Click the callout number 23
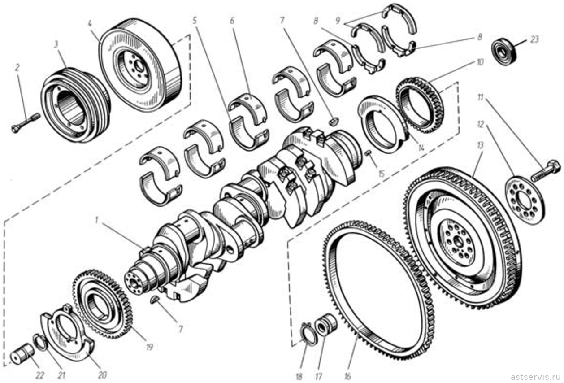click(534, 40)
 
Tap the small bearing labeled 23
click(504, 52)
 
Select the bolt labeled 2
click(26, 123)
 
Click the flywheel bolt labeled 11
click(546, 170)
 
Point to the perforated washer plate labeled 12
click(525, 200)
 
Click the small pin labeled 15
click(369, 153)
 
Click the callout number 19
click(150, 347)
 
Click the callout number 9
click(338, 20)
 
